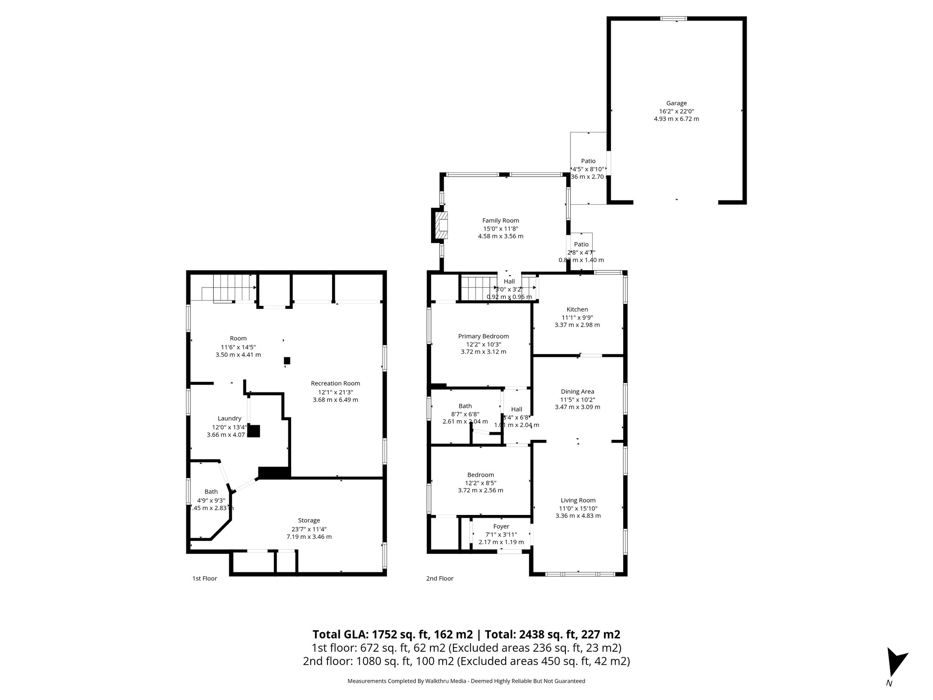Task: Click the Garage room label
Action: click(x=676, y=103)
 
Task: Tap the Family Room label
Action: click(x=501, y=221)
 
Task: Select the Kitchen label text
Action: click(x=577, y=309)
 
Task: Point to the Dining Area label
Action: click(x=577, y=391)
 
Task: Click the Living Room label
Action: click(x=578, y=500)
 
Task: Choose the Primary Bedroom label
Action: click(x=483, y=336)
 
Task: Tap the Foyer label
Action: click(x=501, y=526)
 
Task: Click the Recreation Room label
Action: click(x=335, y=383)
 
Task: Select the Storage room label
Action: click(x=309, y=520)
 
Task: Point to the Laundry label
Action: click(x=229, y=418)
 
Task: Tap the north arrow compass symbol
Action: click(x=895, y=663)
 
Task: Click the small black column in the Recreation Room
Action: click(x=287, y=360)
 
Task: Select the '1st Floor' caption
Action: click(x=205, y=579)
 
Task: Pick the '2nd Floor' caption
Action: click(x=440, y=579)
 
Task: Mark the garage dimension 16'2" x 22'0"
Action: click(x=676, y=111)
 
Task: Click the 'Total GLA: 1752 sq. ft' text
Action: click(x=392, y=634)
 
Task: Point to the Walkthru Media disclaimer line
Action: click(x=466, y=681)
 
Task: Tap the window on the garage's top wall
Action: click(x=674, y=19)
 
